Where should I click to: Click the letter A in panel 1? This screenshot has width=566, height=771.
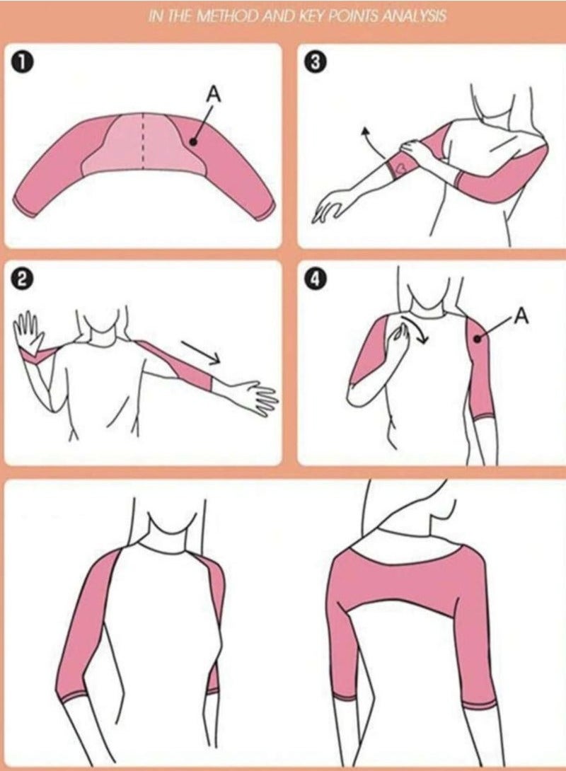pos(214,94)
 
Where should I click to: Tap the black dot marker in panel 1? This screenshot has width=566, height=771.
pos(193,141)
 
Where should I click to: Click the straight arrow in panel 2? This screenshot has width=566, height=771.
pos(201,353)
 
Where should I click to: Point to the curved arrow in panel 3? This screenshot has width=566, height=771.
pos(373,141)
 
